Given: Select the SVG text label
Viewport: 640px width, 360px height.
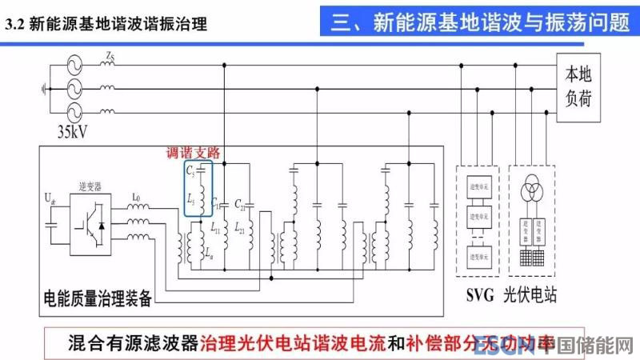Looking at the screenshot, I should coord(480,295).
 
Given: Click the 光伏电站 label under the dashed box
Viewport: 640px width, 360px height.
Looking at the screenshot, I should coord(530,295).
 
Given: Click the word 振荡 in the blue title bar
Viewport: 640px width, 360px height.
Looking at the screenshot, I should coord(544,23).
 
